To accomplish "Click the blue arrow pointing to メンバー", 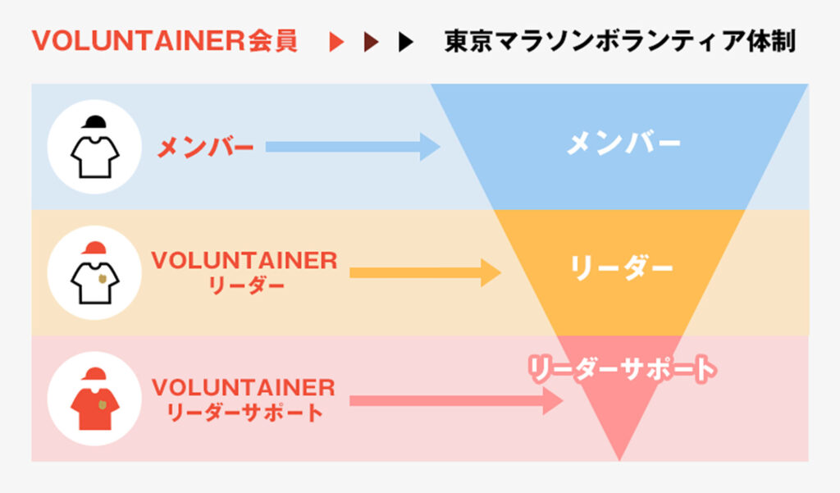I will click(x=353, y=148).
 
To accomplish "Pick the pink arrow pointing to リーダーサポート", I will click(x=456, y=401).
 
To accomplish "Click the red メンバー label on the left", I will click(x=205, y=148).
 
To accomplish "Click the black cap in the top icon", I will click(x=95, y=121).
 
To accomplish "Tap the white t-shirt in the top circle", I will click(x=95, y=155).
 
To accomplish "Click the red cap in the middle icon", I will click(x=95, y=247).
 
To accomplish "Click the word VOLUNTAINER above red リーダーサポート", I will click(x=244, y=387).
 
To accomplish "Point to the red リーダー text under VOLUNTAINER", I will click(x=244, y=285).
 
